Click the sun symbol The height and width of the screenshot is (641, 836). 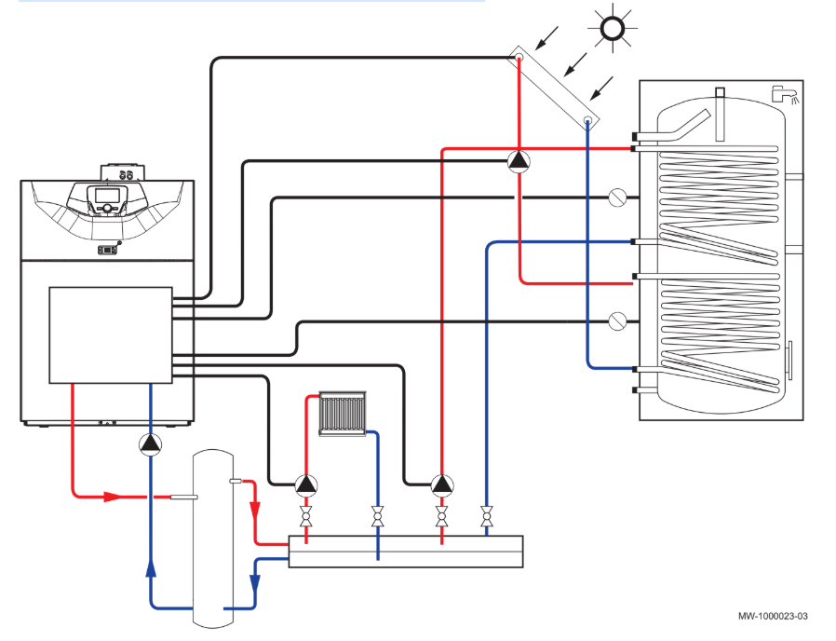pos(612,28)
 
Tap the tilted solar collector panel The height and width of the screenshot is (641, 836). pos(553,89)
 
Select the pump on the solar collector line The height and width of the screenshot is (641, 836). pos(519,161)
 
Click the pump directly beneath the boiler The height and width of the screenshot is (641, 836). pos(151,444)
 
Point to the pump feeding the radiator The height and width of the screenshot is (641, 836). pos(306,484)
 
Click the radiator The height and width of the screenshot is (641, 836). pos(343,414)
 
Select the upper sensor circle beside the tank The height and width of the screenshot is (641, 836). pos(617,198)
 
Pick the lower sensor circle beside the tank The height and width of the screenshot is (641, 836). pos(617,321)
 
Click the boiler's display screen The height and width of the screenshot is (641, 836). pos(107,196)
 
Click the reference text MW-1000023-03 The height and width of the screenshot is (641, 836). pos(773,616)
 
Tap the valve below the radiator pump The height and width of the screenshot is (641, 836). pos(306,517)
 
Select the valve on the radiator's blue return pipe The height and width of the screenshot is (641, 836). pos(377,517)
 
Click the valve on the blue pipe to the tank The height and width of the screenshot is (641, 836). pos(486,517)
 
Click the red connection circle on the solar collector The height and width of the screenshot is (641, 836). pos(519,57)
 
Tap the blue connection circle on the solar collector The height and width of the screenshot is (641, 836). pos(587,120)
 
